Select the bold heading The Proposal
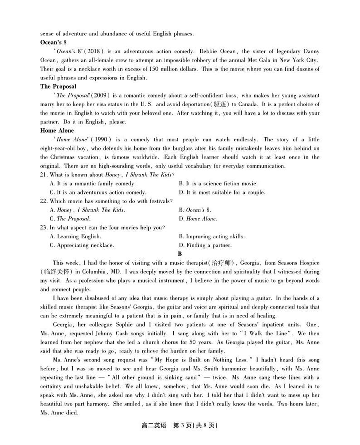coord(58,86)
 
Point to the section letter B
coord(180,254)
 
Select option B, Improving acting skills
coord(212,237)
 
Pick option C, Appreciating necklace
coord(82,245)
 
